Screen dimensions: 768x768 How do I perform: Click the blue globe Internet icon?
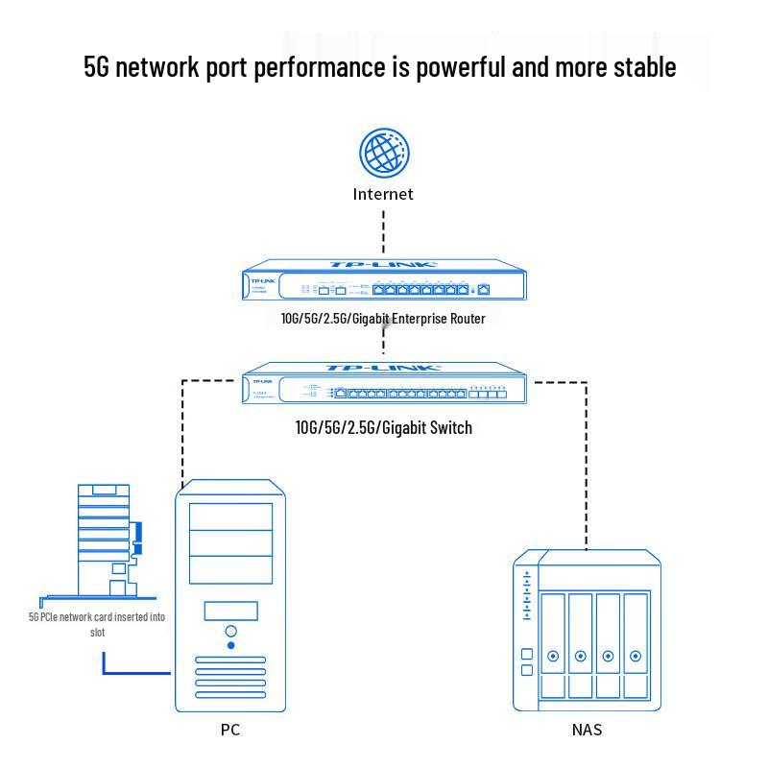pyautogui.click(x=384, y=155)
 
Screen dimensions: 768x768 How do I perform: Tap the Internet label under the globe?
pyautogui.click(x=383, y=194)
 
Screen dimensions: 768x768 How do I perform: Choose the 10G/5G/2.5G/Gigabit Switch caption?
pyautogui.click(x=383, y=427)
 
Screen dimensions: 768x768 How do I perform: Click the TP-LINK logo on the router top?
pyautogui.click(x=383, y=265)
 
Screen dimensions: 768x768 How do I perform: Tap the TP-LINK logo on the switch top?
pyautogui.click(x=383, y=368)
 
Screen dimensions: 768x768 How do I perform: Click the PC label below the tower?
pyautogui.click(x=230, y=730)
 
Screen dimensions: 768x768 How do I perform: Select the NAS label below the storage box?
pyautogui.click(x=587, y=730)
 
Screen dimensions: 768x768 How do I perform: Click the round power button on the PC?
pyautogui.click(x=230, y=632)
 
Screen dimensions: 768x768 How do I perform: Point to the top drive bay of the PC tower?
pyautogui.click(x=230, y=516)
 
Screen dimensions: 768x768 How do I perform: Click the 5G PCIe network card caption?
pyautogui.click(x=97, y=624)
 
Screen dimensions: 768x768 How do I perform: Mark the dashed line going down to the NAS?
pyautogui.click(x=586, y=461)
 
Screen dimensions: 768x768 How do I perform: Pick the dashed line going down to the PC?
pyautogui.click(x=182, y=432)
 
